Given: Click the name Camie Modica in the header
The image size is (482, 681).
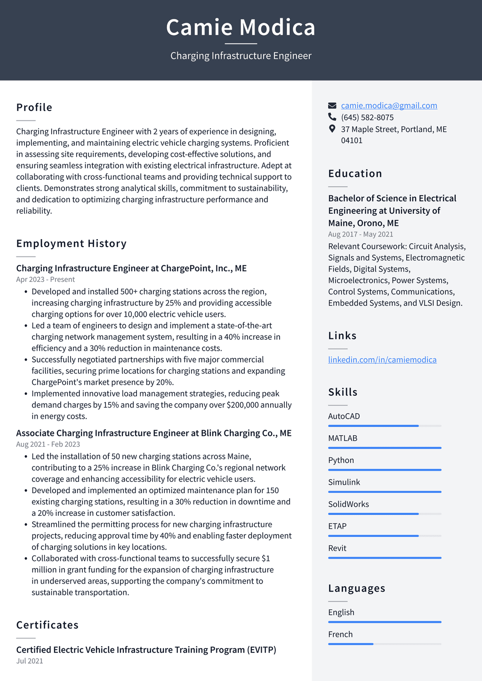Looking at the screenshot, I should coord(241,27).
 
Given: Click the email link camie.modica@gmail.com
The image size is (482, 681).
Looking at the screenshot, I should coord(389,105).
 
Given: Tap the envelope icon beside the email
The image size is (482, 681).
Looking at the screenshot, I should coord(332,105).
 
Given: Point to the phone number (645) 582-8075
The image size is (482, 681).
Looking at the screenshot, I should coord(367,117).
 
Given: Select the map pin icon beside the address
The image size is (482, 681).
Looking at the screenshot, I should coord(332,129).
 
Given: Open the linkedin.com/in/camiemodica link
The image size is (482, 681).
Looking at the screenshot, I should coord(382,360).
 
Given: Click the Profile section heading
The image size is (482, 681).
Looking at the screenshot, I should coord(34,107).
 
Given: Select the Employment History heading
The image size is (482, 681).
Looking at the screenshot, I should coord(72,243).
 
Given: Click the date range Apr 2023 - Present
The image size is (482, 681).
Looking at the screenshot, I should coord(45,280).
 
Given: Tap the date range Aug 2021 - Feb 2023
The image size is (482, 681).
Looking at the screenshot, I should coord(48,444).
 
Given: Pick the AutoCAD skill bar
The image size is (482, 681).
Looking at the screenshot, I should coord(385,426).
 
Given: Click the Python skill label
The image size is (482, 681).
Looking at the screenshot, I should coord(341,460).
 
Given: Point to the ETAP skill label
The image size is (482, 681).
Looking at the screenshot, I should coord(337,526).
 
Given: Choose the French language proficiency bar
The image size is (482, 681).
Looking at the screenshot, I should coord(385,644).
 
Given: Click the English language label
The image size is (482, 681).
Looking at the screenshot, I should coord(341,612).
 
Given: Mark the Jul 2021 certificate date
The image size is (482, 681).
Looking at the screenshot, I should coord(30,661).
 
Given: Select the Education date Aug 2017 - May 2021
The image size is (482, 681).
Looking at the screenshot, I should coord(361,234).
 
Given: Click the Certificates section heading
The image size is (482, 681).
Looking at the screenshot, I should coord(48,625).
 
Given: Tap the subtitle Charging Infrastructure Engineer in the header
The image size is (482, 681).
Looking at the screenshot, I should coord(241,56).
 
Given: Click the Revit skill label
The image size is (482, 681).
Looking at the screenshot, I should coord(337,548).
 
